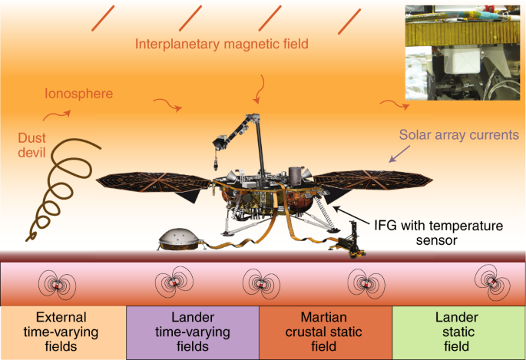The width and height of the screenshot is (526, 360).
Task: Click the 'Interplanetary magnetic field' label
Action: click(222, 44)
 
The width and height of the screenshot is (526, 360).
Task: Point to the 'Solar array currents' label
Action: click(458, 135)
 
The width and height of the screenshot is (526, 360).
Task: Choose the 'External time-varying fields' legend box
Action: click(63, 332)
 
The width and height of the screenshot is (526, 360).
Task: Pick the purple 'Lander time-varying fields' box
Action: click(192, 332)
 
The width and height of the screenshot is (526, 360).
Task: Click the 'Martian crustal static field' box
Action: click(326, 332)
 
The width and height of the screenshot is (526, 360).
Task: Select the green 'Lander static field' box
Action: click(458, 332)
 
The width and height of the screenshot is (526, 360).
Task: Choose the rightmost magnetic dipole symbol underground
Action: click(490, 282)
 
